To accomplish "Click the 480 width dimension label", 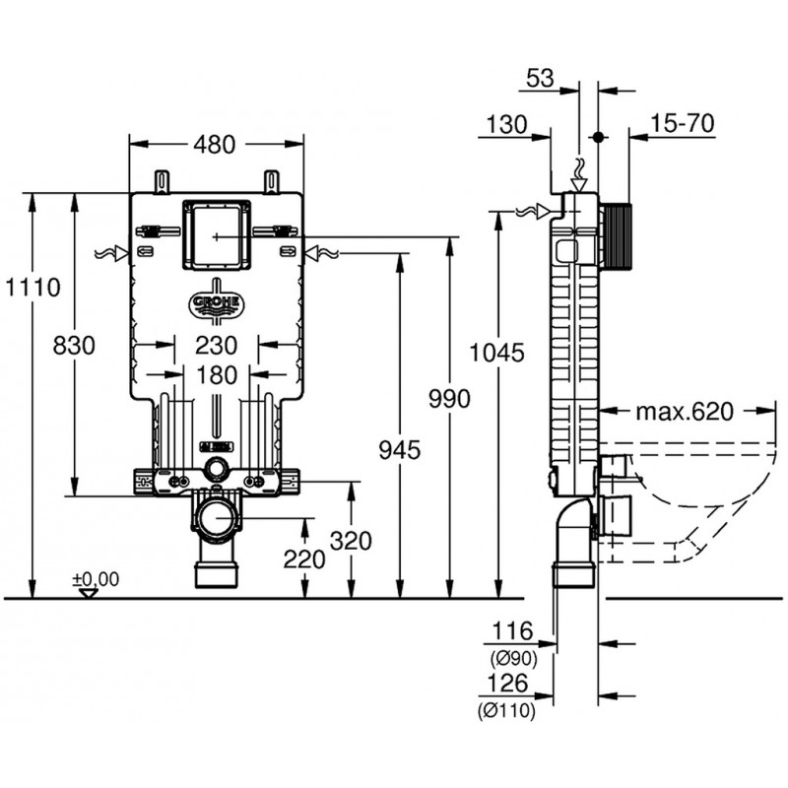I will pyautogui.click(x=216, y=144).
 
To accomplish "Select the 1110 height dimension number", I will pyautogui.click(x=33, y=288).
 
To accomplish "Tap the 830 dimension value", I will pyautogui.click(x=74, y=346).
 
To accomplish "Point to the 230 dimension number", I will pyautogui.click(x=217, y=345).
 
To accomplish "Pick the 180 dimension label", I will pyautogui.click(x=217, y=375).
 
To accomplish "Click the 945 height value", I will pyautogui.click(x=400, y=450).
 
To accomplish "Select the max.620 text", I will pyautogui.click(x=683, y=411).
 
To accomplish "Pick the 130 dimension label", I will pyautogui.click(x=505, y=123).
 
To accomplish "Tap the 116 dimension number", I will pyautogui.click(x=513, y=631).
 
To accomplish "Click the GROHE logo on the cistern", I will pyautogui.click(x=215, y=301).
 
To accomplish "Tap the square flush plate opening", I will pyautogui.click(x=216, y=237).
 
